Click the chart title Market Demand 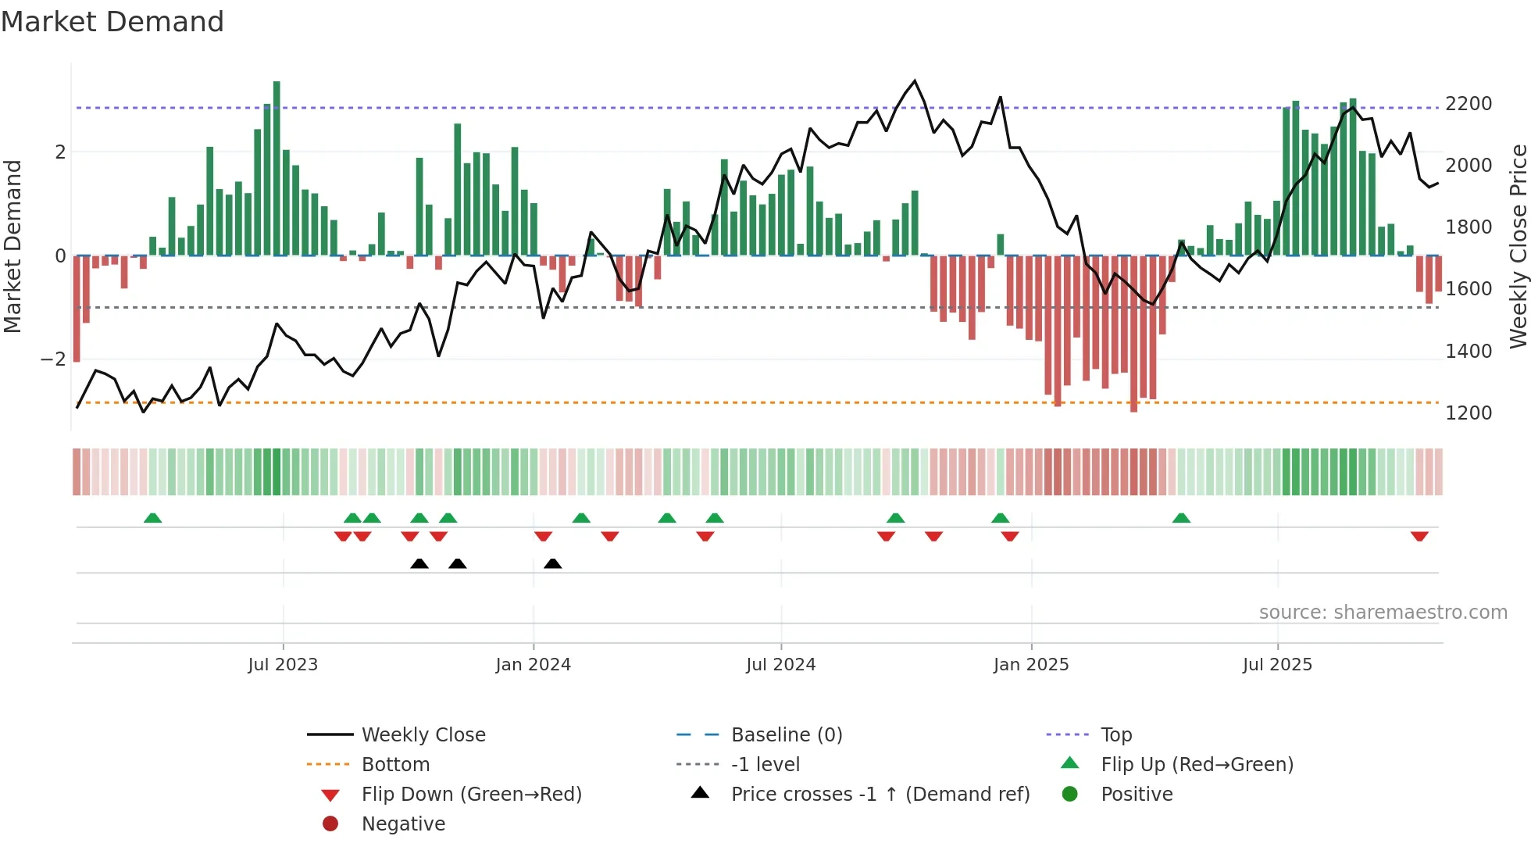[x=112, y=22]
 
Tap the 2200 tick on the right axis [x=1468, y=104]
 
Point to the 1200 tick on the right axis [x=1468, y=413]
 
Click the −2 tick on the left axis [x=54, y=359]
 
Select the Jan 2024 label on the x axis [x=533, y=665]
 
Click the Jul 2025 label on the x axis [x=1277, y=665]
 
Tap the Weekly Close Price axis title [x=1518, y=246]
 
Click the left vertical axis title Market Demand [x=12, y=246]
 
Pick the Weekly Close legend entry [x=423, y=735]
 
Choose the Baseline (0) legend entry [x=786, y=735]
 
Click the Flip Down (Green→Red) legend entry [x=471, y=795]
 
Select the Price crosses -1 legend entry [x=880, y=795]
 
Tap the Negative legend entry [x=403, y=824]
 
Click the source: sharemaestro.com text [x=1383, y=613]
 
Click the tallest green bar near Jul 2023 [x=277, y=168]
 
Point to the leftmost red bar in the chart [x=77, y=309]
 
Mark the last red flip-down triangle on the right [x=1419, y=536]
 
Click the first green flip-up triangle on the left [x=153, y=518]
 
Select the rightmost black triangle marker [x=552, y=563]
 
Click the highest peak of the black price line [x=915, y=81]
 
